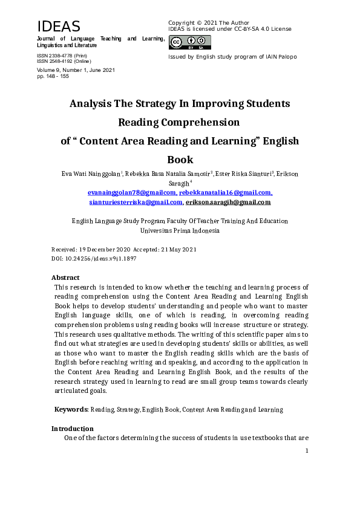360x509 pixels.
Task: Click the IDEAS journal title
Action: [59, 27]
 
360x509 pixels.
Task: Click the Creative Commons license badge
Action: [190, 42]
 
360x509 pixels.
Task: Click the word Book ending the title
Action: [180, 160]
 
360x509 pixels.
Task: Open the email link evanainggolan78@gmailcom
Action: [132, 192]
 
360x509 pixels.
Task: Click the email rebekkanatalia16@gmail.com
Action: [225, 192]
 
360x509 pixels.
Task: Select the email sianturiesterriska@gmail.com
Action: [136, 202]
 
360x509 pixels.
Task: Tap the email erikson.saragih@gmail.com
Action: [228, 202]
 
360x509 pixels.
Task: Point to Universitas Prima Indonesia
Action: [180, 230]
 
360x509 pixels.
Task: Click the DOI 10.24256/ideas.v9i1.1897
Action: [100, 258]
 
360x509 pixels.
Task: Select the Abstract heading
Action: [65, 277]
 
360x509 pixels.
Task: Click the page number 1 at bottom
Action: [307, 450]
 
